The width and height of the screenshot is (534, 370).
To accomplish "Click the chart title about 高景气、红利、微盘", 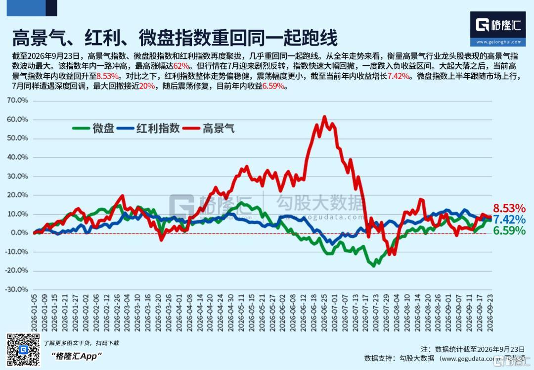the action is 175,38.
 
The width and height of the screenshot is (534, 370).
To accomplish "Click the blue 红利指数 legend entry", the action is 148,128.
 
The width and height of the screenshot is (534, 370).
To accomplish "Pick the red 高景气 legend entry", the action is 209,128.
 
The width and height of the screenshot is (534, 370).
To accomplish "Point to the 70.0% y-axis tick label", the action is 17,100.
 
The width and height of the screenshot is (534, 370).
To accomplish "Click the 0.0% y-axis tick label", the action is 19,232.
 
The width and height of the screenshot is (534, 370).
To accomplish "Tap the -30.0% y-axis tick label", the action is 16,289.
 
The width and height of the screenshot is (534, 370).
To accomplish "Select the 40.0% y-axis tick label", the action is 17,157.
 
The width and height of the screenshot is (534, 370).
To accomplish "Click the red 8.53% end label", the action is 509,208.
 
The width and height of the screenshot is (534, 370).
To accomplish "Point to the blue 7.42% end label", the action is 509,219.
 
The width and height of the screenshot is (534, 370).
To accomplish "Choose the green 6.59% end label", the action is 509,231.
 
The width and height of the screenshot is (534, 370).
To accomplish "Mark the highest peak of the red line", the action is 324,117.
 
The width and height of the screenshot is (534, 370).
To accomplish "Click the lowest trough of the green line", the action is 374,266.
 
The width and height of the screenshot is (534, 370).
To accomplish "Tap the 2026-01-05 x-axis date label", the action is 34,313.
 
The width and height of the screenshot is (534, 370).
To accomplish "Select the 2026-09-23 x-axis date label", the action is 489,313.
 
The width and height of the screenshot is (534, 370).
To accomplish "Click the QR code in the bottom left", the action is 23,350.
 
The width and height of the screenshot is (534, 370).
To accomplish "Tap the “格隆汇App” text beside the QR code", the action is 76,356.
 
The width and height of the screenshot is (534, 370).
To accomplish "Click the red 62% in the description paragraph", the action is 181,66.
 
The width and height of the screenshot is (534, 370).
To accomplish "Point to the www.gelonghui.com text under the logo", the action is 498,42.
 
